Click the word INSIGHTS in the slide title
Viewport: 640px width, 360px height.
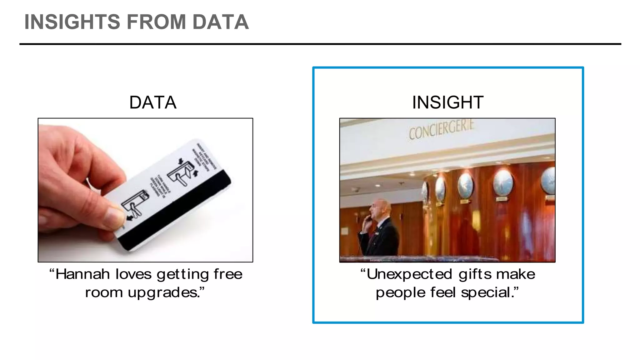click(x=72, y=22)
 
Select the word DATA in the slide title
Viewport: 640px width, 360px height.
click(x=220, y=22)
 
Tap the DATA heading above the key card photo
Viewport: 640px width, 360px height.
click(x=153, y=102)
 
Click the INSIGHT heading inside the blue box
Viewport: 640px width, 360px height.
click(x=447, y=102)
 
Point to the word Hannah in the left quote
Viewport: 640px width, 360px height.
click(x=82, y=274)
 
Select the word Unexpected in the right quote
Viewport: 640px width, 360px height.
click(x=409, y=274)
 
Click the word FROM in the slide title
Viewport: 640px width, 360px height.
click(x=156, y=22)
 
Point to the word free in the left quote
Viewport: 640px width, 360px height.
click(x=228, y=274)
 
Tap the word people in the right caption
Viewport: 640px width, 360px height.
click(x=400, y=293)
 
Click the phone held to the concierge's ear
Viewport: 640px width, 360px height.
click(x=369, y=219)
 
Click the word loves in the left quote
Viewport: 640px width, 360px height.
click(x=133, y=274)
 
